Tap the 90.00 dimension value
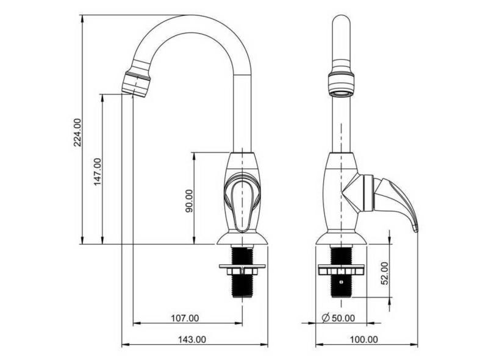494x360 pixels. [x=189, y=201]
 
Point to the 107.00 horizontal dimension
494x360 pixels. [x=184, y=318]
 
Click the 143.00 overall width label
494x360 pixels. [x=192, y=339]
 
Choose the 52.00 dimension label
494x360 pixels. [x=384, y=273]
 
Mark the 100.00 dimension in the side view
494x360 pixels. [x=365, y=339]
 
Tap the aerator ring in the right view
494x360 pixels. [x=341, y=84]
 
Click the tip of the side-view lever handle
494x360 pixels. [x=416, y=228]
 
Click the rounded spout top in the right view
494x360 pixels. [x=341, y=21]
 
